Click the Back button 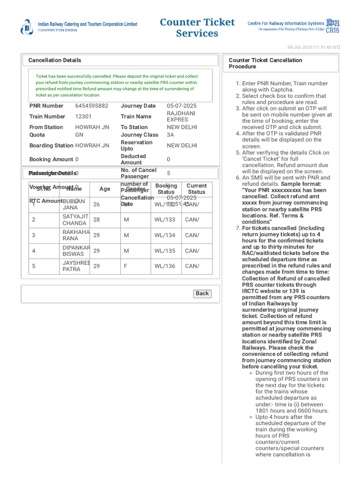pos(202,293)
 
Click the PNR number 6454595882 pos(91,106)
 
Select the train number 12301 pos(83,116)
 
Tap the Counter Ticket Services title pos(197,28)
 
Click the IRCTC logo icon pos(27,27)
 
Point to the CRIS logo pos(332,26)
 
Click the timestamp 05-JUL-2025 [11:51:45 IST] pos(314,47)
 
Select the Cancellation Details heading pos(54,60)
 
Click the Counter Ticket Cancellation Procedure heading pos(265,63)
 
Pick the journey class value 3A pos(170,135)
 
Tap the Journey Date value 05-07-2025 pos(181,106)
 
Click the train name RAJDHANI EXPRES pos(181,116)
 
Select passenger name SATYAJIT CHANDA pos(75,220)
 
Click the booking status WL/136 pos(165,266)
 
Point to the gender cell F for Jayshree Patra pos(126,266)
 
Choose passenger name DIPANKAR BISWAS pos(76,251)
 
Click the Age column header pos(105,189)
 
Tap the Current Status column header pos(196,189)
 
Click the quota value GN pos(79,135)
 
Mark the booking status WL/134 pos(165,235)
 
